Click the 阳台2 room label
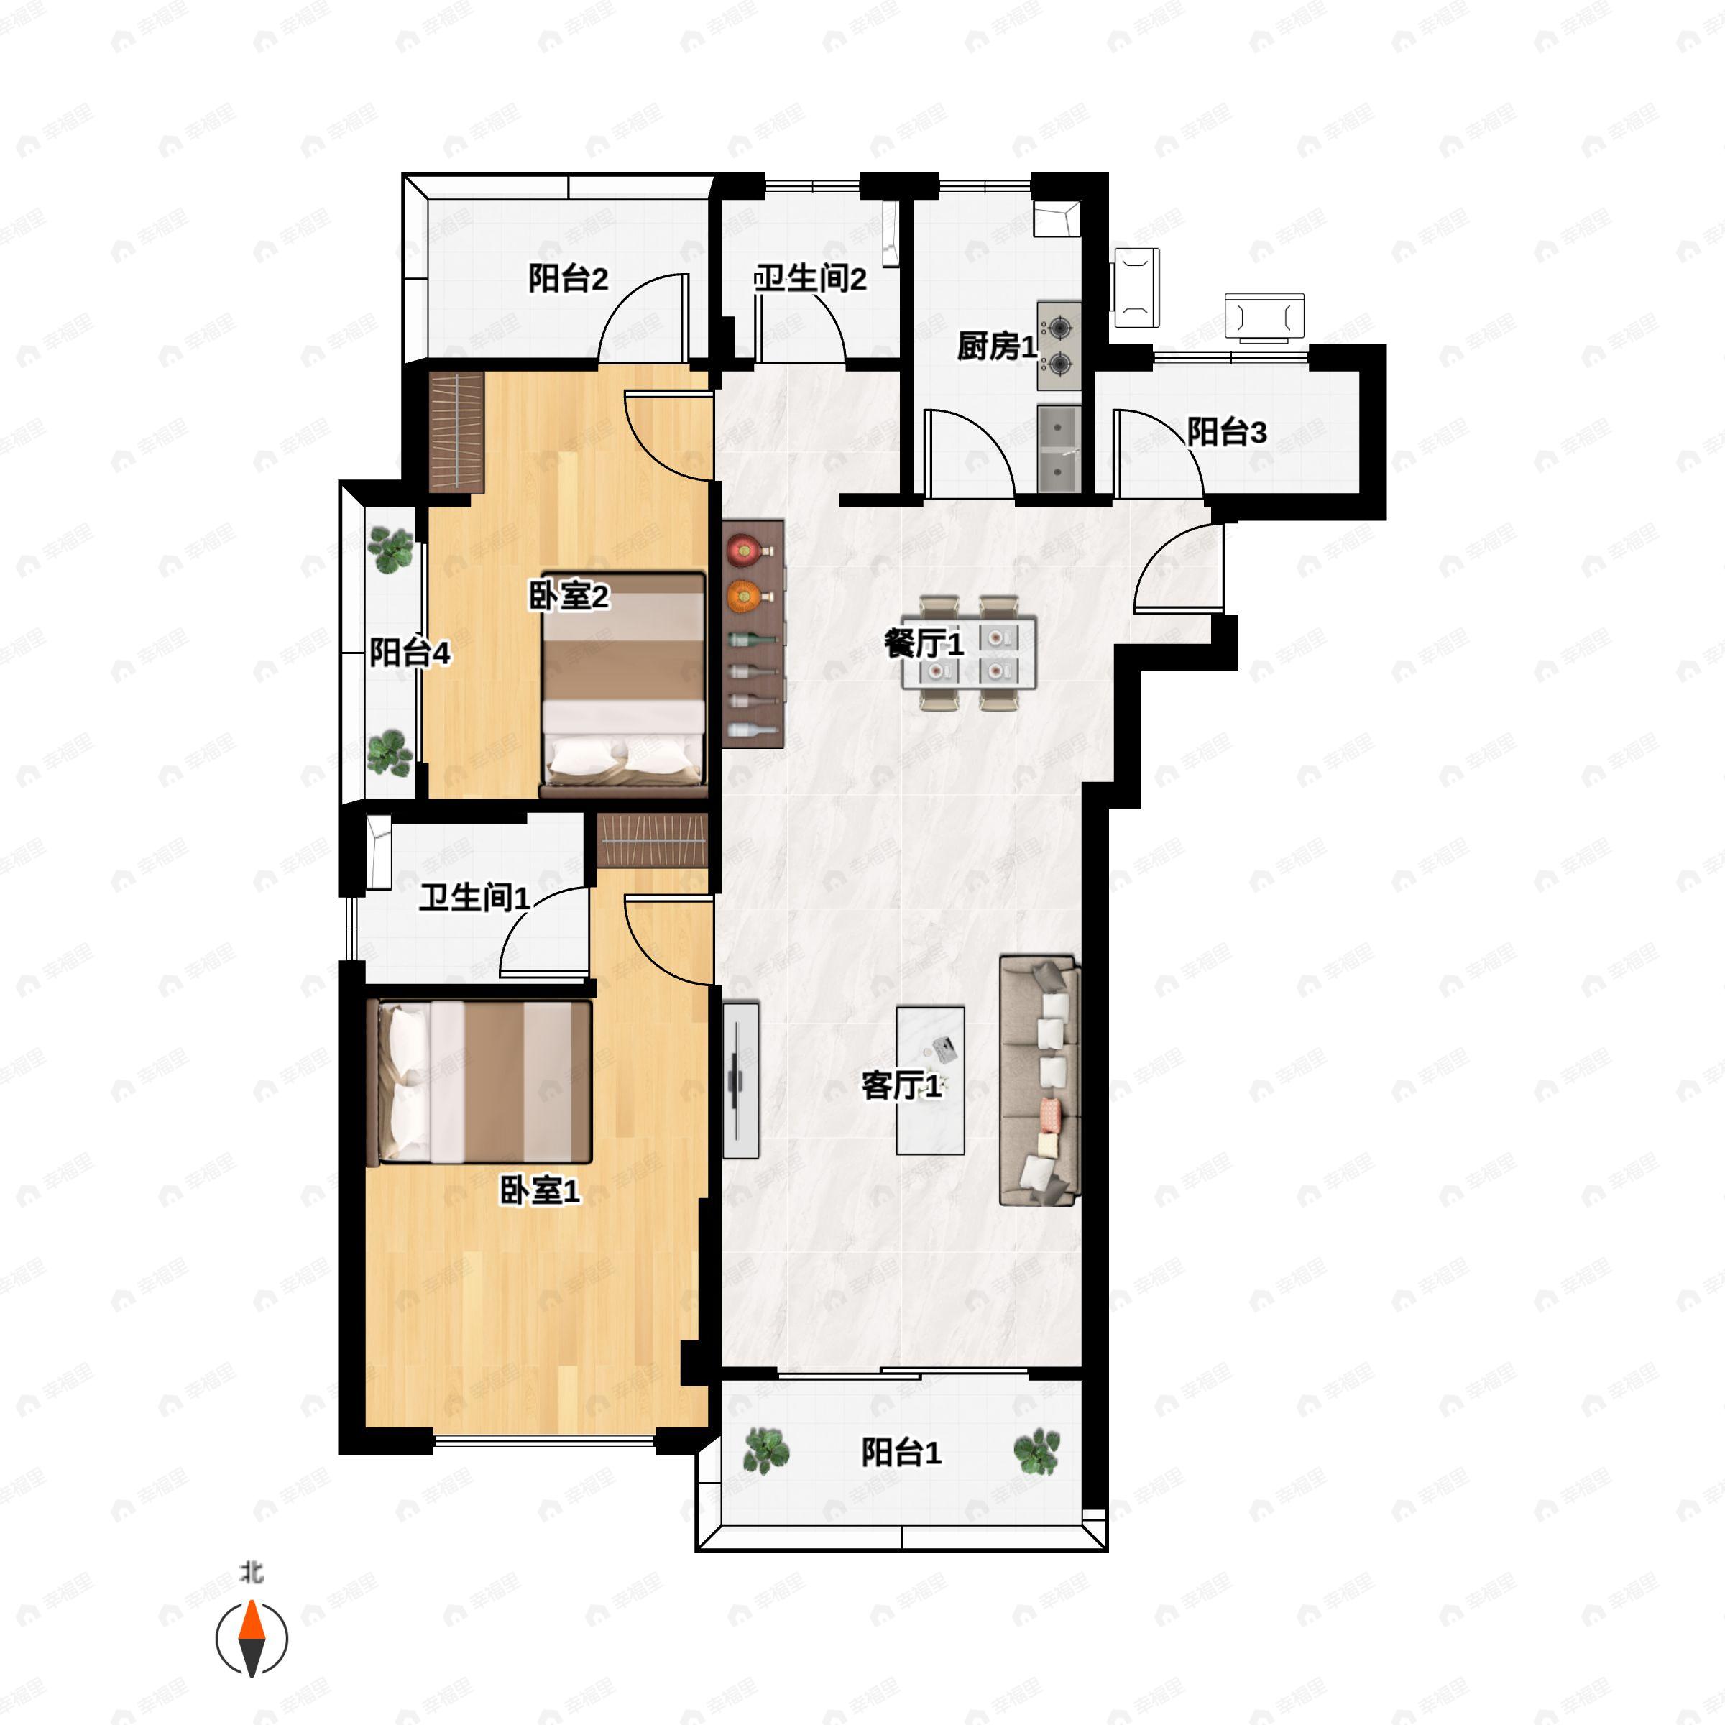[x=568, y=280]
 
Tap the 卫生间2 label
[x=810, y=280]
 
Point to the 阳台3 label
[x=1227, y=433]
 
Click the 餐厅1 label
[x=924, y=644]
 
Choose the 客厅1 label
[x=901, y=1086]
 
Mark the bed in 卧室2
[x=624, y=685]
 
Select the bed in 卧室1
[x=479, y=1082]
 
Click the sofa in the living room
[x=1039, y=1080]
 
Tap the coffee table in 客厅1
[x=930, y=1080]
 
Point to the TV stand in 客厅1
[x=740, y=1080]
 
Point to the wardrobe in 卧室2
[x=456, y=431]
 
